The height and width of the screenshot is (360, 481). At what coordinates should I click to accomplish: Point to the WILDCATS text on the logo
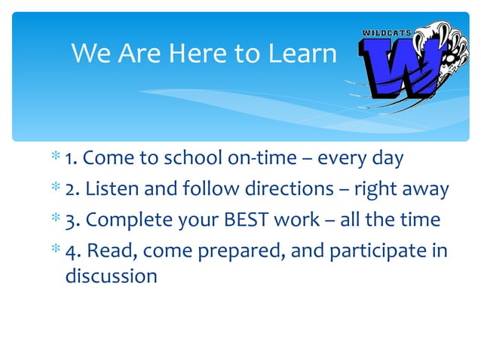pos(387,34)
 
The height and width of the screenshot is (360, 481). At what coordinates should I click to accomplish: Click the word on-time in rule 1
pos(268,159)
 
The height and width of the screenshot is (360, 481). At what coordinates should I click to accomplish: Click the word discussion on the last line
pos(112,276)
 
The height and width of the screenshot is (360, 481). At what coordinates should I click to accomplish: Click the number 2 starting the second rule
pos(70,188)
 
